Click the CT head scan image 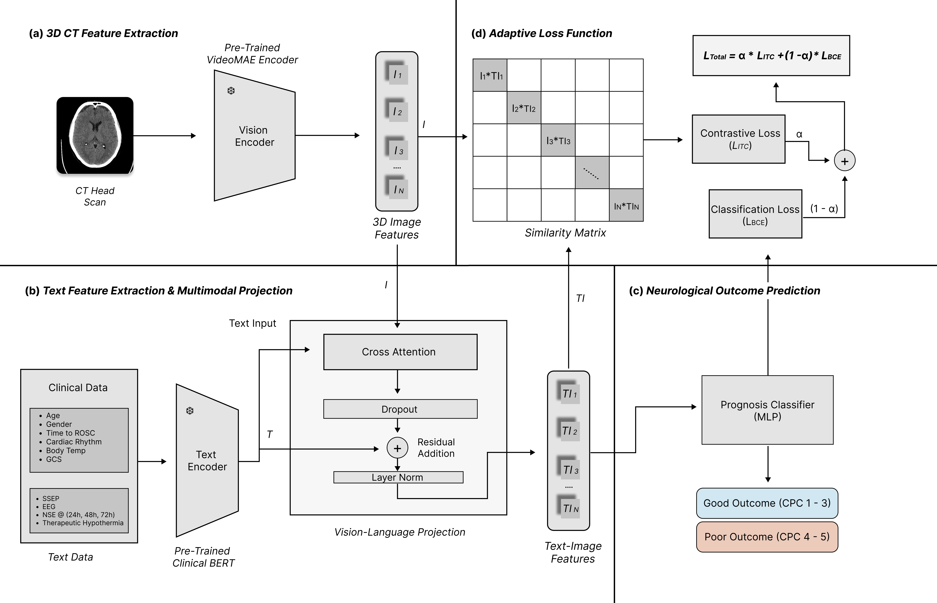(x=95, y=136)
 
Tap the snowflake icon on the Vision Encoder (x=231, y=91)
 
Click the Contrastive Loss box (x=738, y=139)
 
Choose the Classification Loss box (x=755, y=214)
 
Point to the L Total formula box (x=771, y=56)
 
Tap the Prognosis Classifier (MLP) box (x=767, y=410)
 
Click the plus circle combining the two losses (x=845, y=161)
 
